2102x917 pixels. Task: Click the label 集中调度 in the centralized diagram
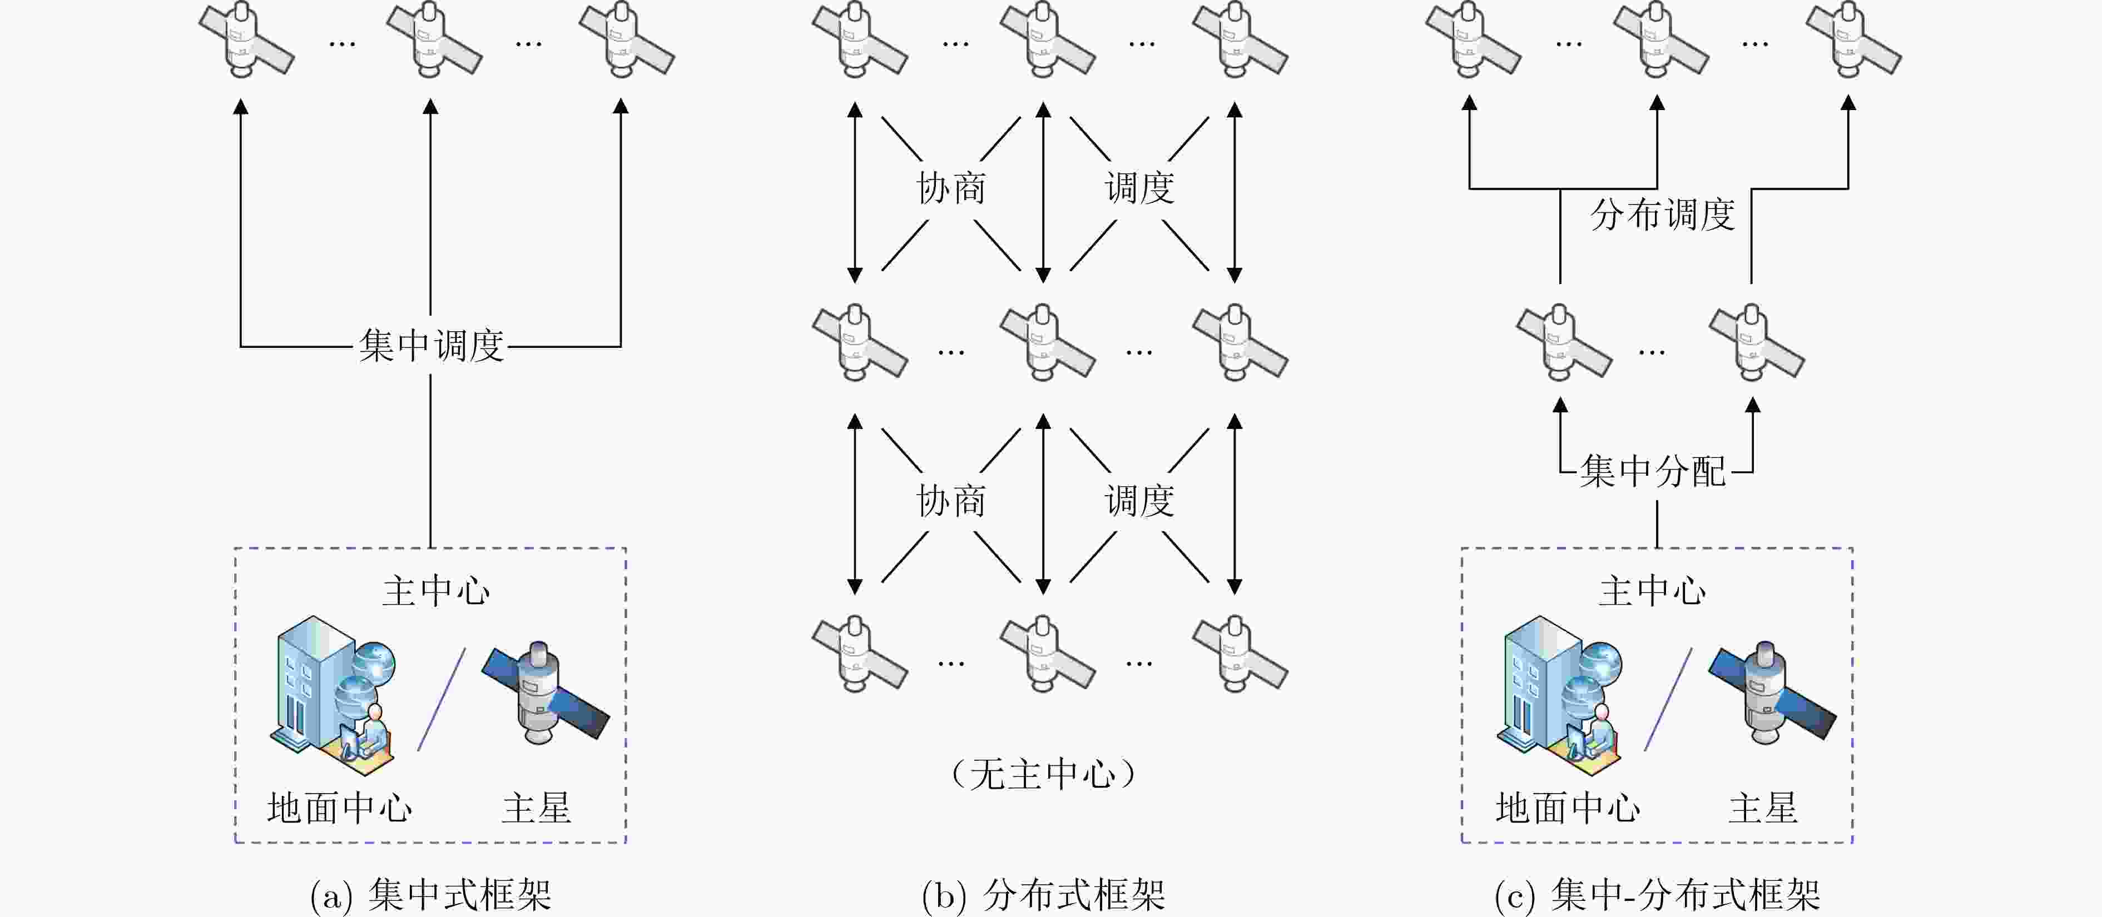431,346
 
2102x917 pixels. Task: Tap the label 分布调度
1662,215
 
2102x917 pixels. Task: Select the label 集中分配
1653,471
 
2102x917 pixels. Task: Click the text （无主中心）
1043,774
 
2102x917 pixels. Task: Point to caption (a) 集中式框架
431,895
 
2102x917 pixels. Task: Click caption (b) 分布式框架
1043,895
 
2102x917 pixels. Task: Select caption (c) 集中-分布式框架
1657,895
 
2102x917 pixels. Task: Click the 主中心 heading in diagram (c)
1652,591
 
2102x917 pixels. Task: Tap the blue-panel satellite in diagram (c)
1771,692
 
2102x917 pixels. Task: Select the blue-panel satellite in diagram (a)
545,692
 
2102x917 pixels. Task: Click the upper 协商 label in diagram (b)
951,188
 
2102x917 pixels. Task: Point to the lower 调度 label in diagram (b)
1139,501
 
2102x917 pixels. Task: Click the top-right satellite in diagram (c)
1852,39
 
